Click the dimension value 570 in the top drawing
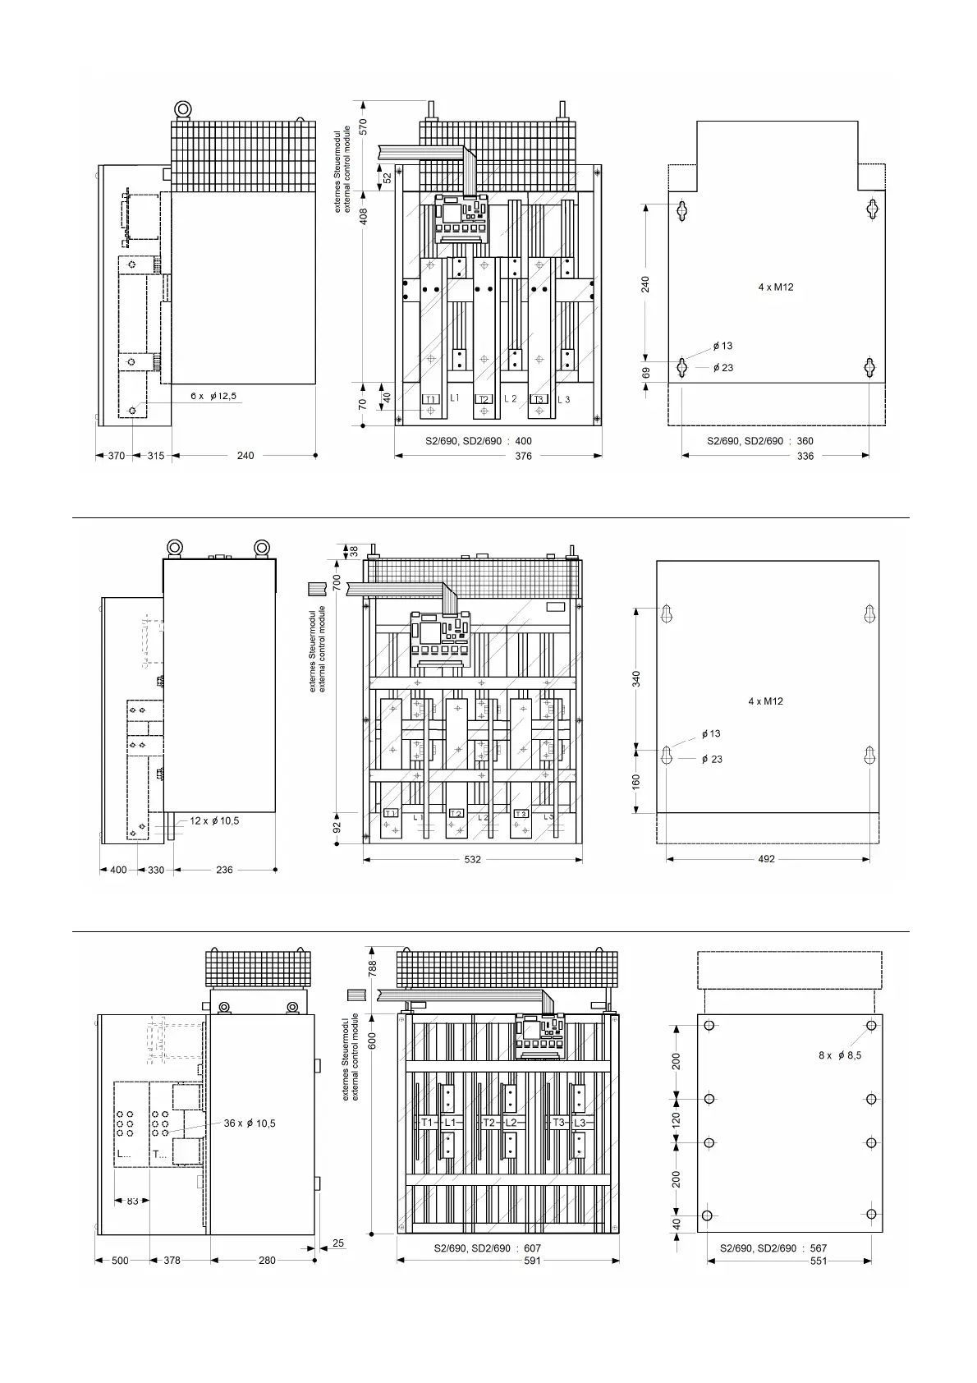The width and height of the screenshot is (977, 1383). click(x=363, y=126)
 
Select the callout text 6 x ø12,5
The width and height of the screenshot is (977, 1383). click(x=213, y=396)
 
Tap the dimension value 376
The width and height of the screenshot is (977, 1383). click(x=523, y=457)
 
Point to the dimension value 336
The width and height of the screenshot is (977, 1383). click(x=805, y=457)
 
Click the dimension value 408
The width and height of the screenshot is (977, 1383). click(x=364, y=217)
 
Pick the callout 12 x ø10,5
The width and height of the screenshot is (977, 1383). click(x=214, y=821)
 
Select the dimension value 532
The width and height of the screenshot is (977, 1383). click(x=473, y=859)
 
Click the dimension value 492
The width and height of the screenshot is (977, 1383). click(x=767, y=859)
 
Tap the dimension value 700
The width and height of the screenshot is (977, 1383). click(x=337, y=582)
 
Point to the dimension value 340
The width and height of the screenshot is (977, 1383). click(x=636, y=679)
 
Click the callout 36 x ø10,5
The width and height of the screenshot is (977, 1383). click(x=250, y=1123)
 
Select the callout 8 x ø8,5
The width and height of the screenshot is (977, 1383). click(x=840, y=1055)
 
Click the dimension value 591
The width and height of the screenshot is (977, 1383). click(x=532, y=1261)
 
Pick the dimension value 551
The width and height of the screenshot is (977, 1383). click(x=819, y=1261)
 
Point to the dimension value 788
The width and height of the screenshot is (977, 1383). click(x=372, y=969)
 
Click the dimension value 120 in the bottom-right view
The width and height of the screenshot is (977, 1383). click(x=676, y=1120)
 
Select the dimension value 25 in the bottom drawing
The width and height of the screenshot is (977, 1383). click(x=338, y=1243)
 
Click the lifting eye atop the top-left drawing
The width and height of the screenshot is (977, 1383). click(x=183, y=109)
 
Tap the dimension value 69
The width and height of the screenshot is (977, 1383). click(x=646, y=373)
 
